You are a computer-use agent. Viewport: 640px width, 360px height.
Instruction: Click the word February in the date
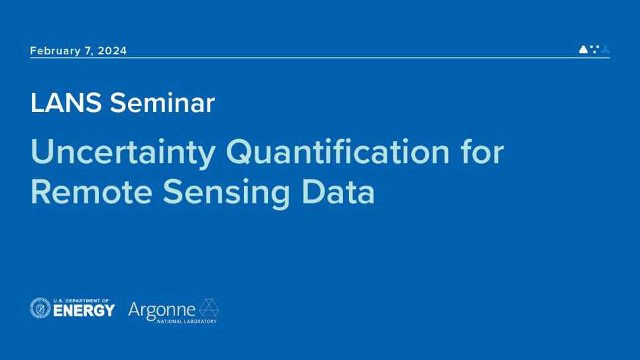click(55, 51)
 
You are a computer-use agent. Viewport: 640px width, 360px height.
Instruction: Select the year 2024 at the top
click(112, 51)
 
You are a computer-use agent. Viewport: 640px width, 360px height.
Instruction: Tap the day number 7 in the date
click(89, 51)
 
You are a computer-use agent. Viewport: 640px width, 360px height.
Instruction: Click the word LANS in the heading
click(66, 103)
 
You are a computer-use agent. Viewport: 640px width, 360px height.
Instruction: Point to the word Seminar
click(162, 103)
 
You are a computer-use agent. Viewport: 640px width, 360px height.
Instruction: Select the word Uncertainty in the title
click(123, 153)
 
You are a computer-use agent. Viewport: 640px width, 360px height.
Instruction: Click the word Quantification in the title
click(338, 153)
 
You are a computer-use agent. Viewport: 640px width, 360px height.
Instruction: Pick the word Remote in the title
click(92, 192)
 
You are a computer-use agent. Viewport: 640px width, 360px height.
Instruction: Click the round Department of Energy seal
click(40, 308)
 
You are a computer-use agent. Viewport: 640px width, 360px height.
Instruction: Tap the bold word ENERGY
click(84, 311)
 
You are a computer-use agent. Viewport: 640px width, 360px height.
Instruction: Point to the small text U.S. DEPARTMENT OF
click(81, 300)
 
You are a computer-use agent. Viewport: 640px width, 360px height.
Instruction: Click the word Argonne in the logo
click(162, 310)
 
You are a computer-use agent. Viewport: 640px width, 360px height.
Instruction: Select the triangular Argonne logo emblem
click(209, 308)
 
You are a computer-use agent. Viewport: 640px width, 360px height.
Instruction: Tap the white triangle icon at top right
click(583, 50)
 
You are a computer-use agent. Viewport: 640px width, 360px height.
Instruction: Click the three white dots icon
click(594, 49)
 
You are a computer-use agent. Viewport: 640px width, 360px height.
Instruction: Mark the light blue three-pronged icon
click(605, 50)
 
